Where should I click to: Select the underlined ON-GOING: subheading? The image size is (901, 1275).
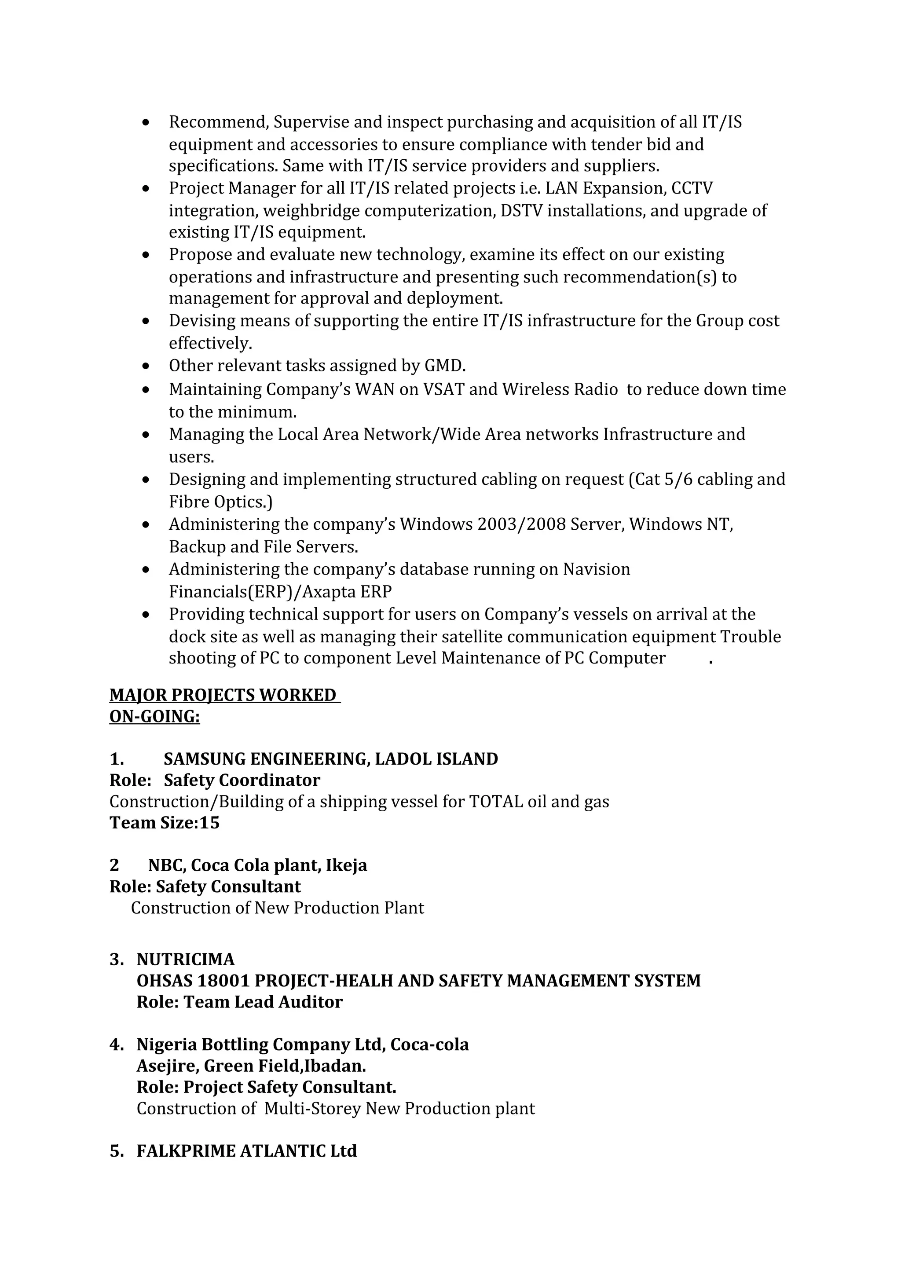(154, 716)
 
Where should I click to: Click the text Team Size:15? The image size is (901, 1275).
(165, 822)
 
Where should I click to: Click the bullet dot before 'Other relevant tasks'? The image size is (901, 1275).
(146, 366)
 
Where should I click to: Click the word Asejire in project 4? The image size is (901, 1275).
(167, 1066)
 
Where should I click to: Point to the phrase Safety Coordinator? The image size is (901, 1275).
(242, 780)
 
